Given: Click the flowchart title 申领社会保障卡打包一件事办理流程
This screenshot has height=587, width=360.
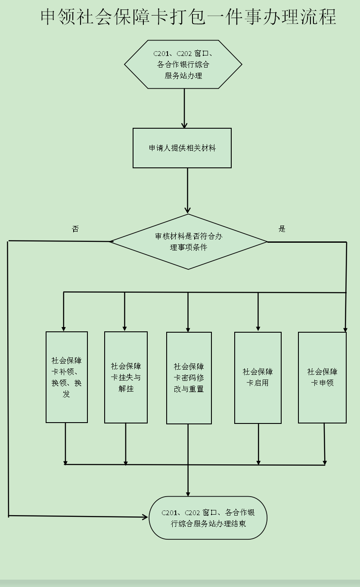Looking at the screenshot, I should [x=188, y=18].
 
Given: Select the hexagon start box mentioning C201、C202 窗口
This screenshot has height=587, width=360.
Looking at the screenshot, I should [x=183, y=65].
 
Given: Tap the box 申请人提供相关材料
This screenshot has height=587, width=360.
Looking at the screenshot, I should [x=182, y=148].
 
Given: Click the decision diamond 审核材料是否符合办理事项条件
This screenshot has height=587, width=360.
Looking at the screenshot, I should [x=189, y=242].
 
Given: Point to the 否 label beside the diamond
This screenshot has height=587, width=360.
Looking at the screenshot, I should [x=75, y=229].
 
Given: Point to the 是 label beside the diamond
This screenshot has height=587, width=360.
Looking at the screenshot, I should [x=282, y=229].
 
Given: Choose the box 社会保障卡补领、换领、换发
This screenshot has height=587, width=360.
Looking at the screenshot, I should [x=67, y=377].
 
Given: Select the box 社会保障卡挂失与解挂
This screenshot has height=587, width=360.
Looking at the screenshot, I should [x=126, y=377].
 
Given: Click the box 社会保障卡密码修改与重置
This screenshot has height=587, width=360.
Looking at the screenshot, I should [x=189, y=378].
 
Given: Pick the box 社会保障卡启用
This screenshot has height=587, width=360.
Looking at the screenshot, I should [x=258, y=377].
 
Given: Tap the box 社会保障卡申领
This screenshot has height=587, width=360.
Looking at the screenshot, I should [x=322, y=377].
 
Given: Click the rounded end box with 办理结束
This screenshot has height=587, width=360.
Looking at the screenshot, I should [x=208, y=518].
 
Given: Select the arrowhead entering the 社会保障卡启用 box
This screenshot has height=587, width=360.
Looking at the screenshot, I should [x=258, y=328].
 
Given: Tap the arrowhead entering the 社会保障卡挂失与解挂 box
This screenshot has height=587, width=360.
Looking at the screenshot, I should [x=125, y=327].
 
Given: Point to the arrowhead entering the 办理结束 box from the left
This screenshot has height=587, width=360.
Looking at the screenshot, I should [x=145, y=516].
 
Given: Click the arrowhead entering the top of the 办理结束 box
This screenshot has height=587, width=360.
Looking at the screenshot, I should [x=188, y=493].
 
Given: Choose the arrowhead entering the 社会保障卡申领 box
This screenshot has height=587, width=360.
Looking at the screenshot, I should [x=345, y=329].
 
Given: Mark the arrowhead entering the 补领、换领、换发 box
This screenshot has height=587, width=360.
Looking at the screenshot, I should [x=64, y=327].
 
